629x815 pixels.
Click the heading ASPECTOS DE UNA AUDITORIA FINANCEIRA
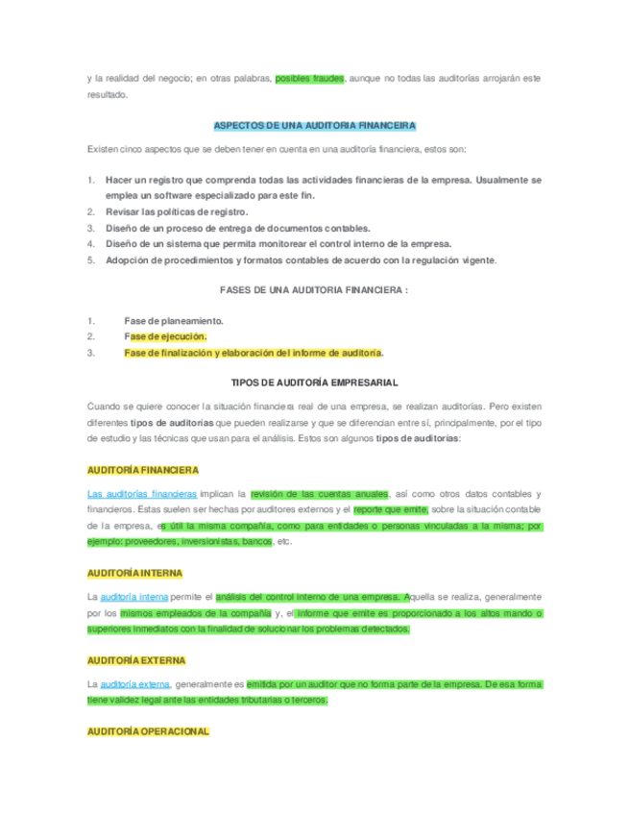coord(313,126)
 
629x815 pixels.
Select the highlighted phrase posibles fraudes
coord(309,78)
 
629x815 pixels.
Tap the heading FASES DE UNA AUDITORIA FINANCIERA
coord(313,289)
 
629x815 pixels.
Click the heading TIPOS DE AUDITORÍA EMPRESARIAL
coord(314,383)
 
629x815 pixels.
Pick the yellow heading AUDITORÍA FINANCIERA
coord(142,470)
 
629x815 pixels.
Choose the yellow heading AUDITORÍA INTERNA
coord(134,573)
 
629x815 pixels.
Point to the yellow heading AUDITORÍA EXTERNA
coord(135,661)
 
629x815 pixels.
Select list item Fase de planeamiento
coord(174,320)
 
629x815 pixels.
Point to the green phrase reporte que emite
coord(391,509)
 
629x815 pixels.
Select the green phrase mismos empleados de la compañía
coord(195,612)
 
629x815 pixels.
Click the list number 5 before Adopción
coord(90,259)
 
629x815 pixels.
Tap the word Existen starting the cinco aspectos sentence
coord(104,149)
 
